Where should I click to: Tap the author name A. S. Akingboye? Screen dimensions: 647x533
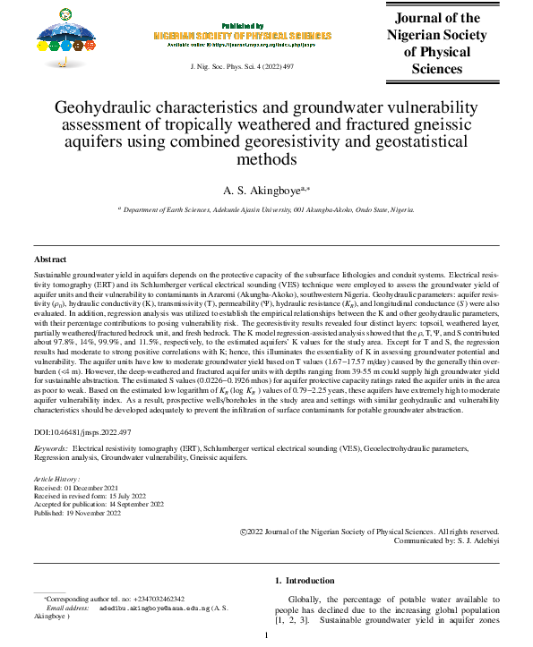click(266, 190)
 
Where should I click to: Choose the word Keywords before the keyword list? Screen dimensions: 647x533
click(50, 446)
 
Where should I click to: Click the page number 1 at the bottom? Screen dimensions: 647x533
click(266, 635)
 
